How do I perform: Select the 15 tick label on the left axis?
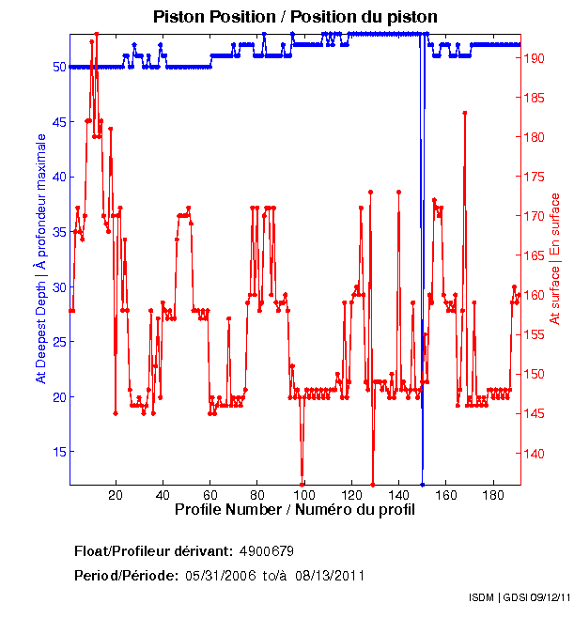(x=58, y=452)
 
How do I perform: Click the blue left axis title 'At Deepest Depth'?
(x=40, y=258)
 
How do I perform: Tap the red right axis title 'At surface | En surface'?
(x=555, y=258)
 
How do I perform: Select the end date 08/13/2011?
(x=329, y=575)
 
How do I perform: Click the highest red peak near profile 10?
(x=96, y=35)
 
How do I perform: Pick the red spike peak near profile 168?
(x=464, y=113)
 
